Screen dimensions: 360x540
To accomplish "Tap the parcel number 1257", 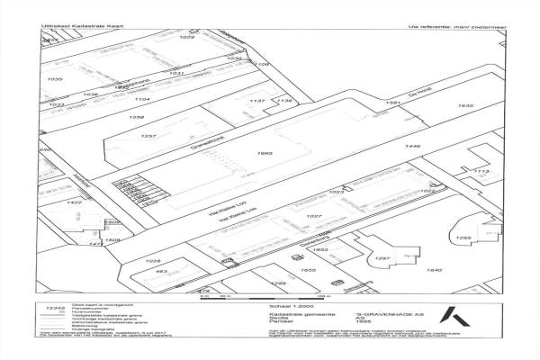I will click(150, 136).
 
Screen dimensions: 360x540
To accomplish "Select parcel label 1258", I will click(137, 118).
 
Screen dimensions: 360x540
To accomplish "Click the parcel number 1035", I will click(56, 79).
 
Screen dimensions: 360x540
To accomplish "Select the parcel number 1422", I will click(75, 203).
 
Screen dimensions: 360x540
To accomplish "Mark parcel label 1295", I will click(463, 238).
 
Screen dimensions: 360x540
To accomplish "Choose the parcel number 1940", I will click(435, 270).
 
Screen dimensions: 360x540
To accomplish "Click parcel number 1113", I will click(481, 171).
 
